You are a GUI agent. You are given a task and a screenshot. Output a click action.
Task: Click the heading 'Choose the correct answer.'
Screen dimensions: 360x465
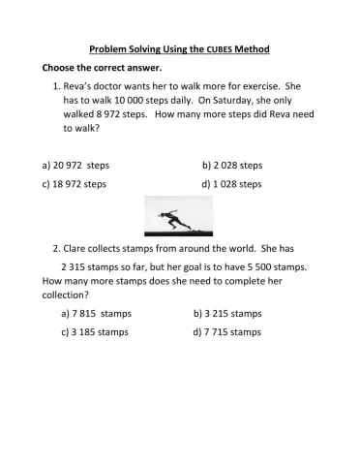(102, 69)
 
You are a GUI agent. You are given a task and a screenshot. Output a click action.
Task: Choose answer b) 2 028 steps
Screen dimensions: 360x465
(232, 166)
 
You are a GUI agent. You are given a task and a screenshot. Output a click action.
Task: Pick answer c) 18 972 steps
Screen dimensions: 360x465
(75, 183)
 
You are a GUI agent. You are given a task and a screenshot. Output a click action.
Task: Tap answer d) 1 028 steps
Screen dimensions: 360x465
(232, 183)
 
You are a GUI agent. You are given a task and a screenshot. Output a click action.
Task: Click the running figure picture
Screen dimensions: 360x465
(178, 216)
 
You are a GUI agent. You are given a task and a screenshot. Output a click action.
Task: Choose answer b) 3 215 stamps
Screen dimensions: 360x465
(227, 314)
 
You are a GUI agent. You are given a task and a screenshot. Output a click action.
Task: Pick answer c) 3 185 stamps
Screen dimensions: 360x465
(96, 331)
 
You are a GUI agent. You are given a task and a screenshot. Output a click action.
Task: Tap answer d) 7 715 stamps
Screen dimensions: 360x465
(227, 331)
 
